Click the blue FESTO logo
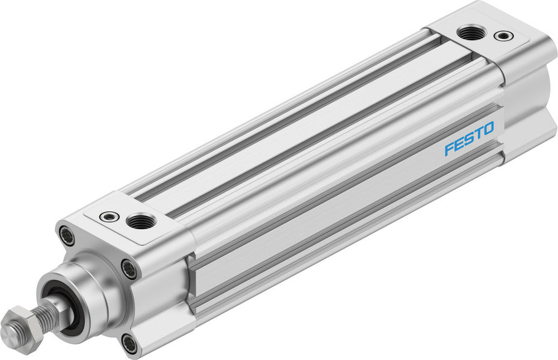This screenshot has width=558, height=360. point(469,140)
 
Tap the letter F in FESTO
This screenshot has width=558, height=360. point(449,149)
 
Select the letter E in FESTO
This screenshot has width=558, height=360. point(459,144)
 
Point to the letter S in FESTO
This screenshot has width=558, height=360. point(469,140)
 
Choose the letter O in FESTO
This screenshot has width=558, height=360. point(488,129)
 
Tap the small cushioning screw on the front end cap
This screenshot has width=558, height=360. point(106,215)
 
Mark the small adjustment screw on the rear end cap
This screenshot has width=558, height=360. point(504,36)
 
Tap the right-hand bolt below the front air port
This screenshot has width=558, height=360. point(129,270)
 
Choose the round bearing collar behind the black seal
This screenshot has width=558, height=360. point(92,293)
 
